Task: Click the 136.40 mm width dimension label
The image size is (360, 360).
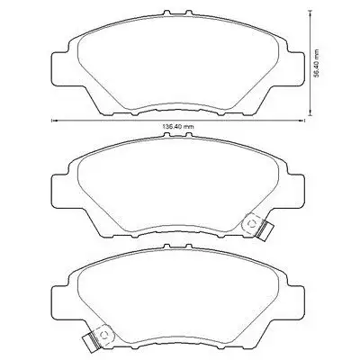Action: click(x=178, y=127)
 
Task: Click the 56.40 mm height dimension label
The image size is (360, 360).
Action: click(x=317, y=64)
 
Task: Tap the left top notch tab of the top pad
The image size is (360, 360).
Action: click(x=167, y=13)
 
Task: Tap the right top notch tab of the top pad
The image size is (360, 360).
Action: click(x=188, y=13)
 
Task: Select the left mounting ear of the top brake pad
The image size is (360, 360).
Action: click(x=60, y=69)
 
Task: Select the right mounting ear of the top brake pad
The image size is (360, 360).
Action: click(x=296, y=69)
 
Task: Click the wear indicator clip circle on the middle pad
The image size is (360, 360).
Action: click(x=251, y=223)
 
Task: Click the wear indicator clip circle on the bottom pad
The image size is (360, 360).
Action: click(x=104, y=333)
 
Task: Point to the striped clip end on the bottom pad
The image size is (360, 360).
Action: click(x=90, y=341)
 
